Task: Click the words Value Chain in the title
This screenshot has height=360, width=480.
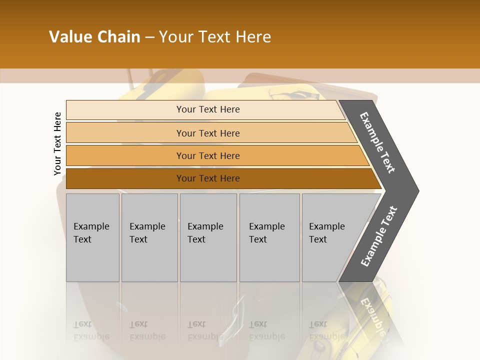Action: click(x=94, y=37)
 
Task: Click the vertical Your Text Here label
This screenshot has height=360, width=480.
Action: click(x=57, y=143)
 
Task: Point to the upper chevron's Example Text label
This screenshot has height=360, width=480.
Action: click(x=377, y=142)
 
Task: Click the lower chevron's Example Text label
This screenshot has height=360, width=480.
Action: click(x=378, y=236)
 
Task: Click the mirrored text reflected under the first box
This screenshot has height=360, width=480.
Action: click(x=91, y=330)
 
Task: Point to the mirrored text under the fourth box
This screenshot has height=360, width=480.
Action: click(x=267, y=330)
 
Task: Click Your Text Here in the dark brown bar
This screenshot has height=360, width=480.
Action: click(x=208, y=178)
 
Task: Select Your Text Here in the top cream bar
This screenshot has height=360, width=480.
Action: click(x=208, y=109)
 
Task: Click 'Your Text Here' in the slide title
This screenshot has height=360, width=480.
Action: click(x=215, y=37)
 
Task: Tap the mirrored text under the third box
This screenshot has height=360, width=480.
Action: click(x=205, y=330)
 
